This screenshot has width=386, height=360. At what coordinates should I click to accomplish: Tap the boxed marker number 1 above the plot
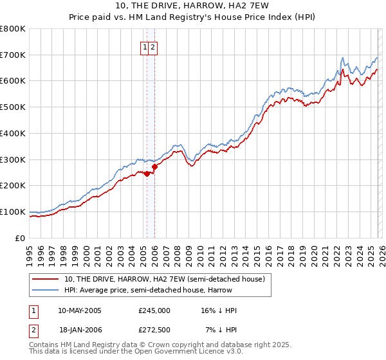[x=145, y=47]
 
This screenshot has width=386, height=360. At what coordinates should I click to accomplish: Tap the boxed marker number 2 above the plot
[x=154, y=47]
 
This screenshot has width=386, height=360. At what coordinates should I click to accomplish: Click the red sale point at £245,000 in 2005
[x=147, y=174]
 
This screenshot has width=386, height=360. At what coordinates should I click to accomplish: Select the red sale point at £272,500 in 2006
[x=154, y=166]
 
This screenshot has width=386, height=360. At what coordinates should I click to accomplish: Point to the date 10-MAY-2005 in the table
[x=80, y=310]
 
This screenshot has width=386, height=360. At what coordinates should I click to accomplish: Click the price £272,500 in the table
[x=154, y=330]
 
